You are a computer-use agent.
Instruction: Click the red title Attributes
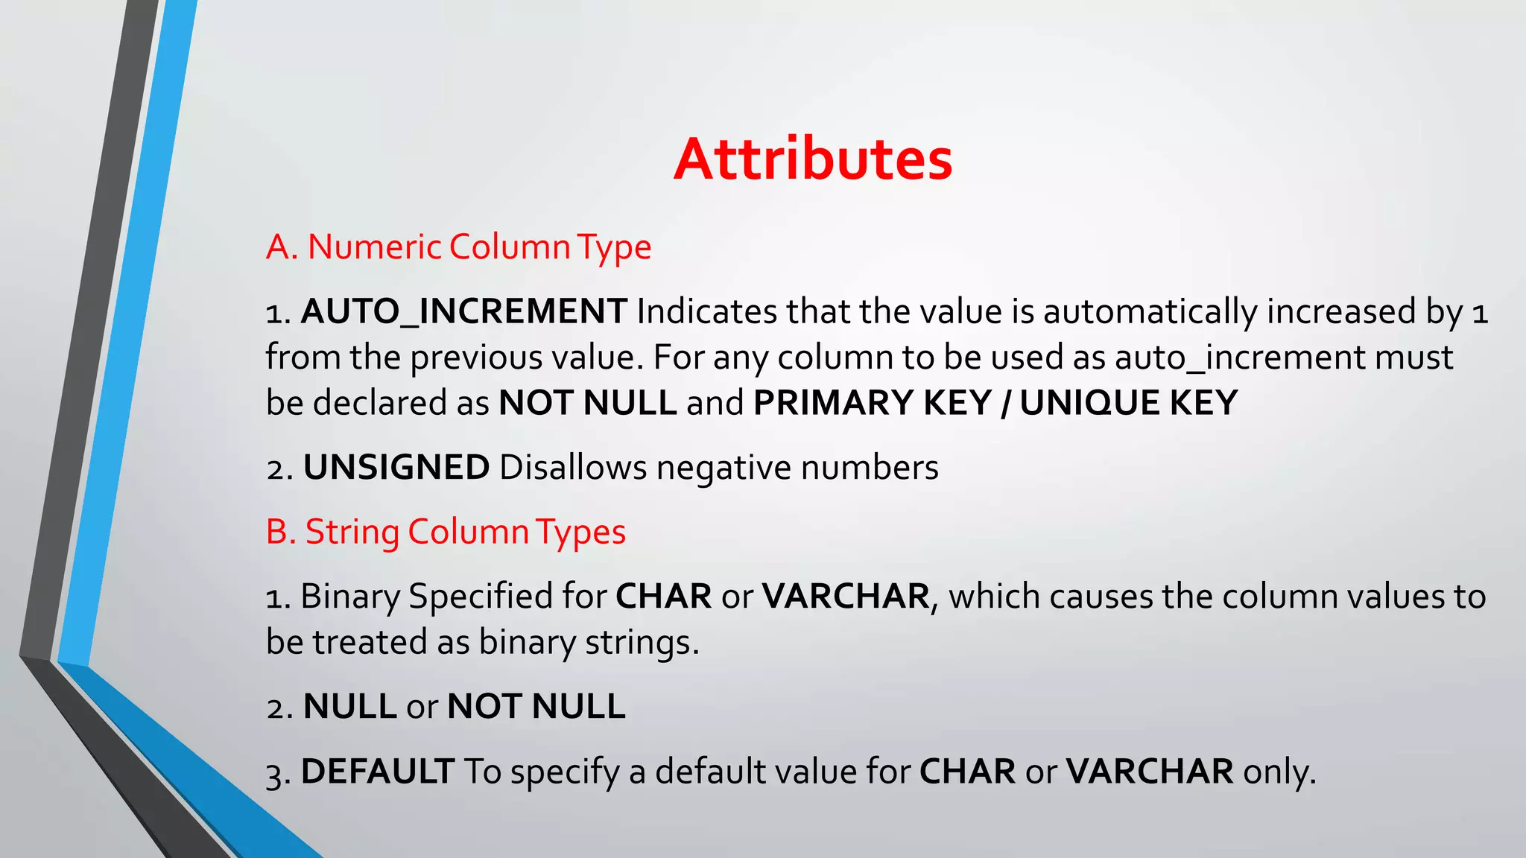[x=812, y=159]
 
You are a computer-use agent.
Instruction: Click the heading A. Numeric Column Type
[x=458, y=247]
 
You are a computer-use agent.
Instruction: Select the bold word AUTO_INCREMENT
[x=463, y=311]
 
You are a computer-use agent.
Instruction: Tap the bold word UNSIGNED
[x=396, y=468]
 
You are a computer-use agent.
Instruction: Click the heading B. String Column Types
[x=446, y=533]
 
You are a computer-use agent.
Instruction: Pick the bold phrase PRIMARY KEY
[x=872, y=403]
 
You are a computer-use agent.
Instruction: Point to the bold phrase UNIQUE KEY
[x=1128, y=403]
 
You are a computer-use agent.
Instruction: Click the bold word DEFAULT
[x=377, y=772]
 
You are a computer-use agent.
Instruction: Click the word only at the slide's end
[x=1279, y=772]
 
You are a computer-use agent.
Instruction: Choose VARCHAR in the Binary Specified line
[x=846, y=597]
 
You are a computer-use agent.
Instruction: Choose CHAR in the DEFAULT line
[x=967, y=772]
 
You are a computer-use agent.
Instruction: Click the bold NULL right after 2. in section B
[x=349, y=707]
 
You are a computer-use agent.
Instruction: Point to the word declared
[x=379, y=403]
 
